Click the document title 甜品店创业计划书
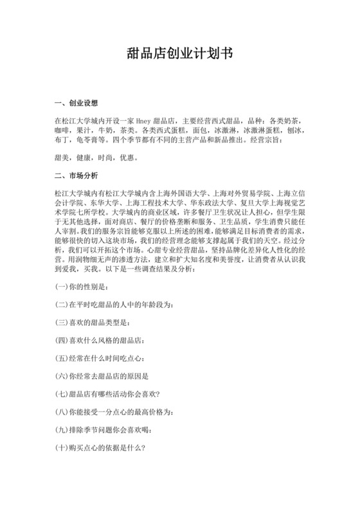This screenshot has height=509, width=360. coord(180,55)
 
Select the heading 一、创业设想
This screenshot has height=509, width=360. coord(78,103)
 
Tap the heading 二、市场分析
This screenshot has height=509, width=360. coord(78,174)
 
